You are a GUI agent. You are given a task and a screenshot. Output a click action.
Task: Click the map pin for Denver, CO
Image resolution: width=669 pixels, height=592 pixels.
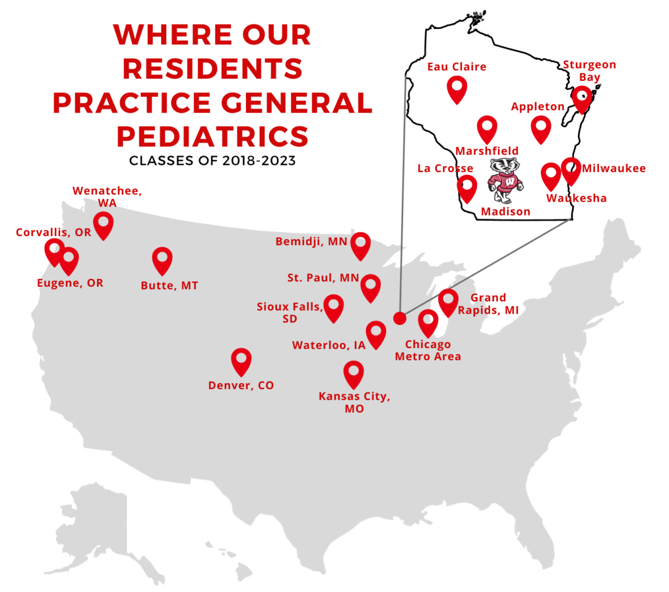[x=241, y=361]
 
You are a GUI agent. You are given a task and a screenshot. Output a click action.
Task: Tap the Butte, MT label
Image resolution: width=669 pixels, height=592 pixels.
[x=169, y=286]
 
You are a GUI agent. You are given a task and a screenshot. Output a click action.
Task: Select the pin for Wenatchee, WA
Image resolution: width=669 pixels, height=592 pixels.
[x=103, y=224]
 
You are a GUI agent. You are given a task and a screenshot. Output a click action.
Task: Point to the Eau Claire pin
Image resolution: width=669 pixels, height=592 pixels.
[x=457, y=89]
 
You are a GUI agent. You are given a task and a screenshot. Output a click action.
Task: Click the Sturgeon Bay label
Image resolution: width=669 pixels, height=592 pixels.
[x=589, y=71]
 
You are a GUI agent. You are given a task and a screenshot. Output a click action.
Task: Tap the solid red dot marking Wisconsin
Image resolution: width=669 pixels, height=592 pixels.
[x=400, y=318]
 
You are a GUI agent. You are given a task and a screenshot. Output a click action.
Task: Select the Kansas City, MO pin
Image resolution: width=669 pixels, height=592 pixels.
[x=353, y=373]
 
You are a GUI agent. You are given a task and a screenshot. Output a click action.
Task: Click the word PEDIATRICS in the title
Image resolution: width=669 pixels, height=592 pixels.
[x=212, y=136]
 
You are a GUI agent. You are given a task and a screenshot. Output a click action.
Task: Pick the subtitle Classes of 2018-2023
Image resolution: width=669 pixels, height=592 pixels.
[x=212, y=161]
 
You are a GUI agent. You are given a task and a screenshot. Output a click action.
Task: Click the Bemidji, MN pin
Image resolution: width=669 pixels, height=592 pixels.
[x=361, y=245]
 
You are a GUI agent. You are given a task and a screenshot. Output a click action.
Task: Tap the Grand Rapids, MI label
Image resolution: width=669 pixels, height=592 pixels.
[x=488, y=304]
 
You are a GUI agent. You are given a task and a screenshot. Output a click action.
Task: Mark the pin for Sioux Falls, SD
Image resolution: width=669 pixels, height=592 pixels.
[x=333, y=307]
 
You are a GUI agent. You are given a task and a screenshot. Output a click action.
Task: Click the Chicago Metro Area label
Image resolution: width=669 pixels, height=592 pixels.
[x=428, y=350]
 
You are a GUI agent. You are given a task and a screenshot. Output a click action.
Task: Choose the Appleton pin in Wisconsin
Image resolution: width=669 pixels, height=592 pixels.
[x=540, y=129]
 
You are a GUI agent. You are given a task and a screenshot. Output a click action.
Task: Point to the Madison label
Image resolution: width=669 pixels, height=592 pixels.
[x=506, y=212]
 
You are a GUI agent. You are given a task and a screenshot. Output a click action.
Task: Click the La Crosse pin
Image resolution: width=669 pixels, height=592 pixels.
[x=467, y=188]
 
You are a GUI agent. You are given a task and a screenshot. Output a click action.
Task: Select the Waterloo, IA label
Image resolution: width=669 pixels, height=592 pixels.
[x=328, y=345]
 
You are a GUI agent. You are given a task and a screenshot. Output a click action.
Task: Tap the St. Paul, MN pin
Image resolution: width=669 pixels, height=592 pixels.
[x=371, y=287]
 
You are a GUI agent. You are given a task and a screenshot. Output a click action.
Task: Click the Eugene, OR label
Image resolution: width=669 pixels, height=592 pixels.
[x=70, y=283]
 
